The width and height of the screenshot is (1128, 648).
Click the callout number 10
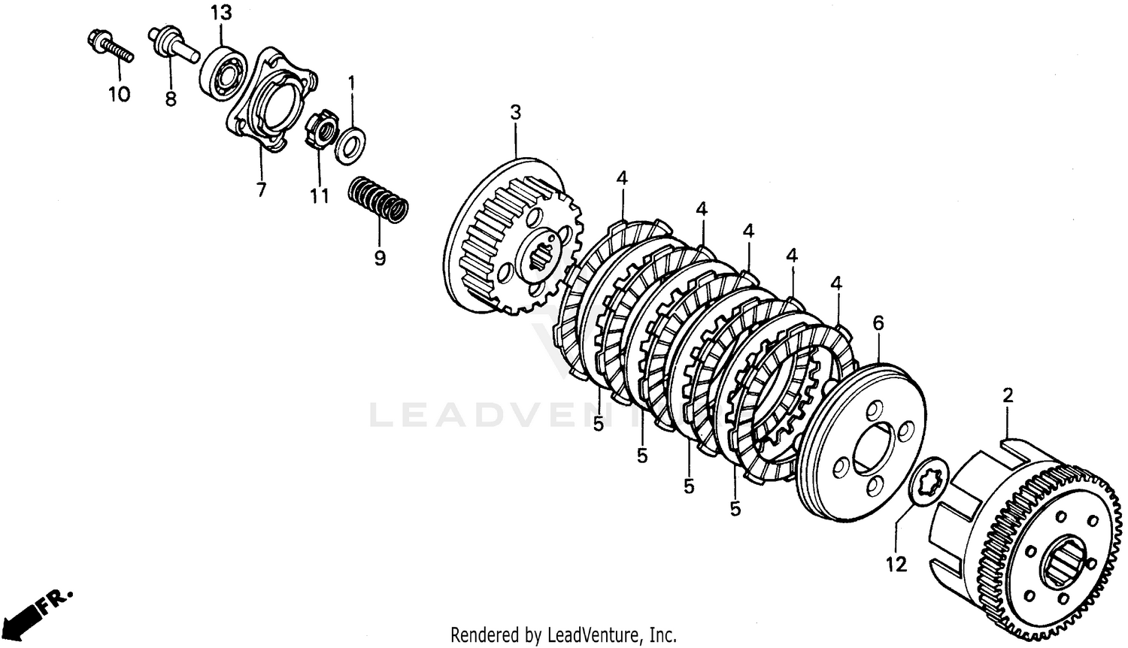(119, 94)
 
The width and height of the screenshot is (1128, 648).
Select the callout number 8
(171, 98)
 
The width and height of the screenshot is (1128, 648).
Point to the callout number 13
(220, 13)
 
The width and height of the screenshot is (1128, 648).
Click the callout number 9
(380, 258)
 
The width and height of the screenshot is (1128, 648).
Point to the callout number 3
(515, 113)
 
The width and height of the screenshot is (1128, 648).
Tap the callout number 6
(878, 324)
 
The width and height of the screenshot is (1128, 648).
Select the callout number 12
(896, 563)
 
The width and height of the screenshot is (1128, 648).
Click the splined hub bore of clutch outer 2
(1061, 564)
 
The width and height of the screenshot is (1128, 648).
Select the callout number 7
(261, 189)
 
